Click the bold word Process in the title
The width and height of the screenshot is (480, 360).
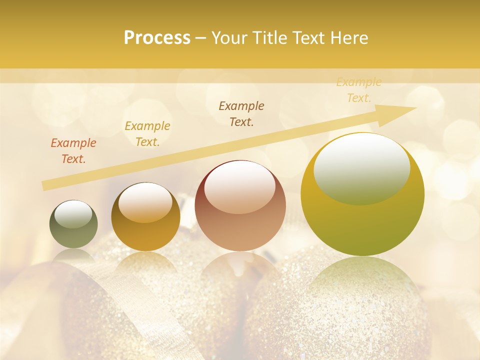[157, 37]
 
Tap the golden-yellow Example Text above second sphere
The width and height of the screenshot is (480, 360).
[147, 134]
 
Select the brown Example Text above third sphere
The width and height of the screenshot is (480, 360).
[241, 113]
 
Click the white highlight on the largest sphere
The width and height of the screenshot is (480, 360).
[362, 167]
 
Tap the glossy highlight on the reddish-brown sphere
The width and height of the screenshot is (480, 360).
[240, 186]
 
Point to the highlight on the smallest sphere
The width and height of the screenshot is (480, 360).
[73, 214]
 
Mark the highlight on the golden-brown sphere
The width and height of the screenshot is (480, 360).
[145, 202]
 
